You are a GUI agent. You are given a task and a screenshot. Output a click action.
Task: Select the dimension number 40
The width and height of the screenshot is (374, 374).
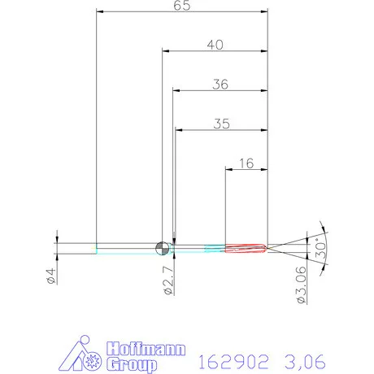click(x=215, y=46)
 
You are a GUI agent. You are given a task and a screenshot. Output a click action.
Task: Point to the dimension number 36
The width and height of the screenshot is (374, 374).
click(x=220, y=84)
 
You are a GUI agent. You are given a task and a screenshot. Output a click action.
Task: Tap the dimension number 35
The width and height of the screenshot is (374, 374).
click(x=222, y=124)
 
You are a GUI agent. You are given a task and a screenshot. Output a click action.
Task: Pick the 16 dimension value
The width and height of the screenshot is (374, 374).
click(x=247, y=163)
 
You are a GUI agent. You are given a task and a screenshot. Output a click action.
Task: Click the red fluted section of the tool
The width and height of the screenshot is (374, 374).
click(x=245, y=247)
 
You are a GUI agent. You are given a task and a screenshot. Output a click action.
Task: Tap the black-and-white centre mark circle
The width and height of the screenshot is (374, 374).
click(x=162, y=247)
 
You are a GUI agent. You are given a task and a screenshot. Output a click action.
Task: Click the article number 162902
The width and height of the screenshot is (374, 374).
click(x=233, y=358)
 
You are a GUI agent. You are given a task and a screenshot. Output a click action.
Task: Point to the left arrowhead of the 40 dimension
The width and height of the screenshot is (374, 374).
click(x=163, y=52)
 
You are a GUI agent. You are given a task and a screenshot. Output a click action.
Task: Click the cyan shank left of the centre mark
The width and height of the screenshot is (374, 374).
click(x=126, y=247)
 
